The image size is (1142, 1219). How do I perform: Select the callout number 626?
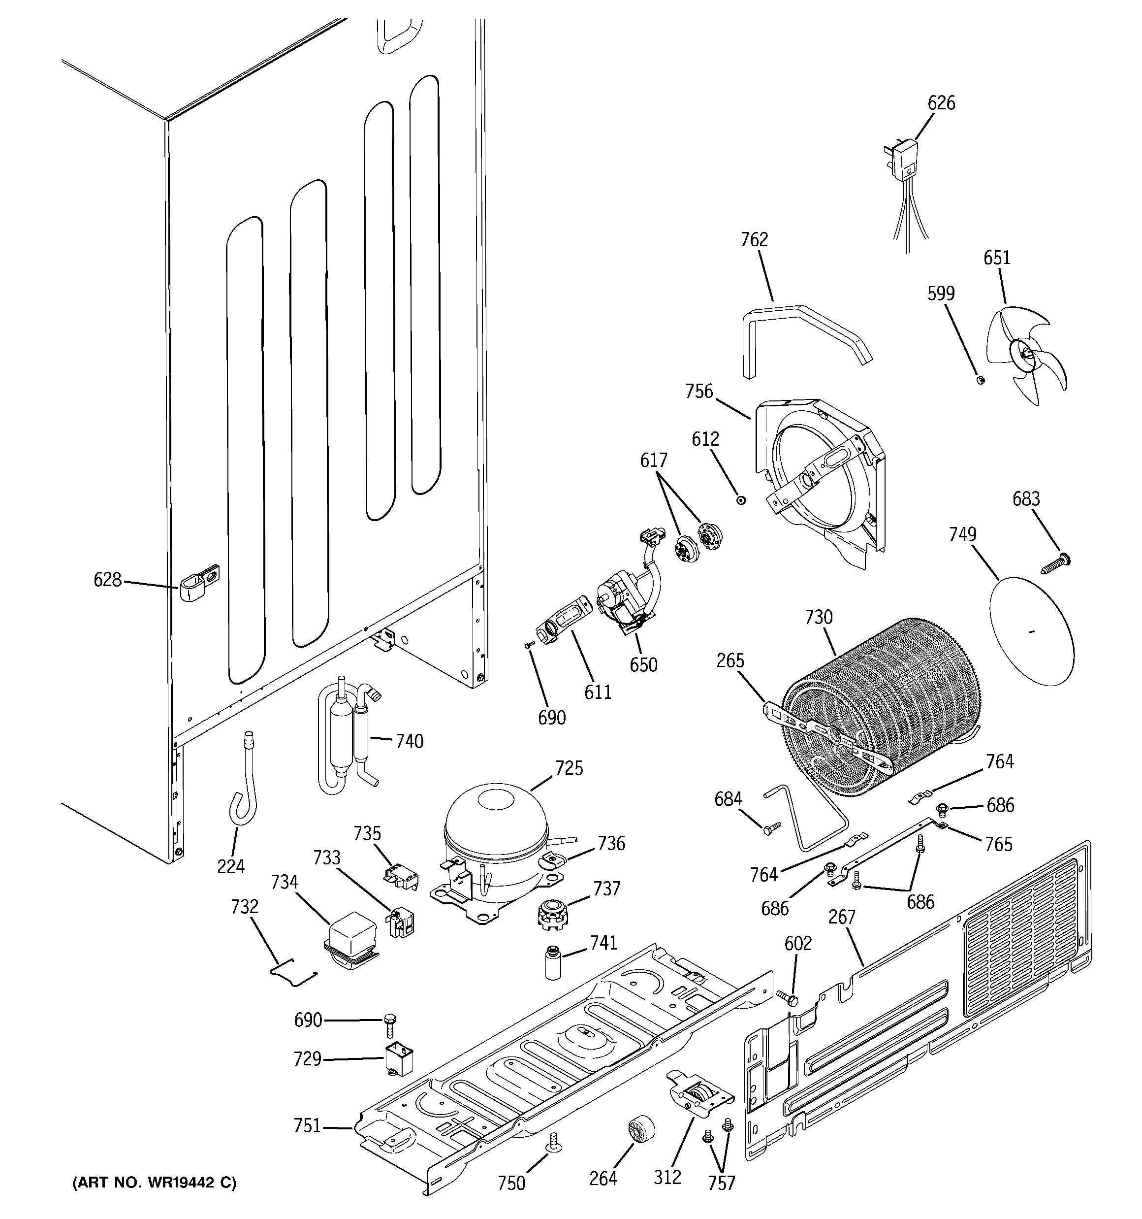(x=941, y=103)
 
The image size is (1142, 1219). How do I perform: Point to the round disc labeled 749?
(x=1032, y=631)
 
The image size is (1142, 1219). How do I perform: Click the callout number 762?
(x=754, y=240)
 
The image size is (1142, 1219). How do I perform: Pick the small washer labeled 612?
(x=741, y=500)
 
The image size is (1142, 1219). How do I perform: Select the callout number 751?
(x=307, y=1126)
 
